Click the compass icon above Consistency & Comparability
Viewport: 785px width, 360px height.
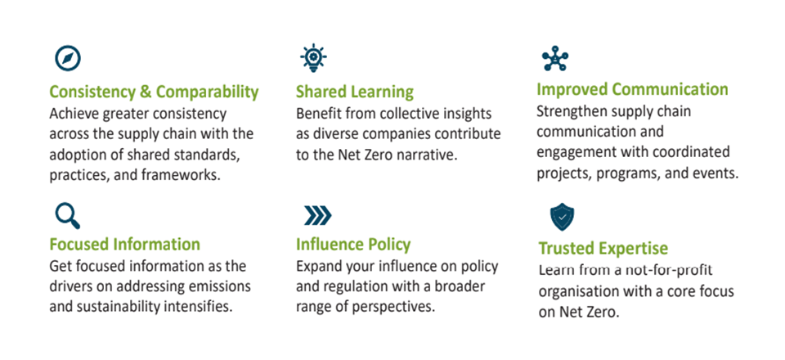point(68,59)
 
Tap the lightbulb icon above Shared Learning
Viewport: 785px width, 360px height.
point(313,57)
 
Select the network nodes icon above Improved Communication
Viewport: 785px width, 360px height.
point(555,59)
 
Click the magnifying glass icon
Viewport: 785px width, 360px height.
point(68,216)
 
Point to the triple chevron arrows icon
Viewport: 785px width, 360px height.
point(317,216)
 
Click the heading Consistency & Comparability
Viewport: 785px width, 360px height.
point(155,92)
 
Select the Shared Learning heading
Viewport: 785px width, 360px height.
point(355,92)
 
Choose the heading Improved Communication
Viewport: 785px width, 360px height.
point(632,90)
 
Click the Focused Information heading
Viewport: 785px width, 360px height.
point(124,245)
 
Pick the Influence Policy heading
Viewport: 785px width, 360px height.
point(353,245)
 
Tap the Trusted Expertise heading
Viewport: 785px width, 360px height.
point(603,249)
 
